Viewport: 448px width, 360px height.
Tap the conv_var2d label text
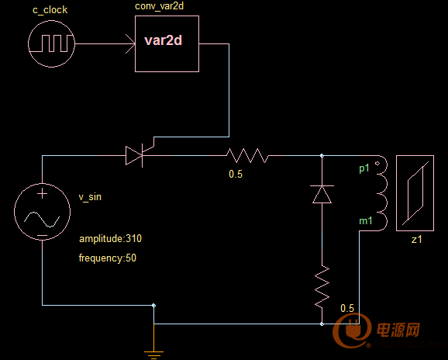[x=159, y=6]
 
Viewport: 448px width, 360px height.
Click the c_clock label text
[x=50, y=10]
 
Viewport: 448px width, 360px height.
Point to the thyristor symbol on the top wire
[x=134, y=155]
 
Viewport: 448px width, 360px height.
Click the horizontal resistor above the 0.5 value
[x=247, y=155]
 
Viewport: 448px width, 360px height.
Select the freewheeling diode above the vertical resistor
[x=322, y=194]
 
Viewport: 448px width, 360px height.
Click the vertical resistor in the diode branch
[x=322, y=287]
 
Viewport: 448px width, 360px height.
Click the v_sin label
[x=90, y=197]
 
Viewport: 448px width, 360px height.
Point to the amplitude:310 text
[x=110, y=238]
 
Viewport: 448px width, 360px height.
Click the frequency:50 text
[x=108, y=258]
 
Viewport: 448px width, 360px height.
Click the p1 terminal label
[x=364, y=168]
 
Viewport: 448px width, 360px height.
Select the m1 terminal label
[x=366, y=221]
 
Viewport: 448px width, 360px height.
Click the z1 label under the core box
[x=416, y=239]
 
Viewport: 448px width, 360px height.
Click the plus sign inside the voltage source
[x=43, y=194]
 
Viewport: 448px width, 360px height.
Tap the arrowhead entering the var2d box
[x=130, y=43]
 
